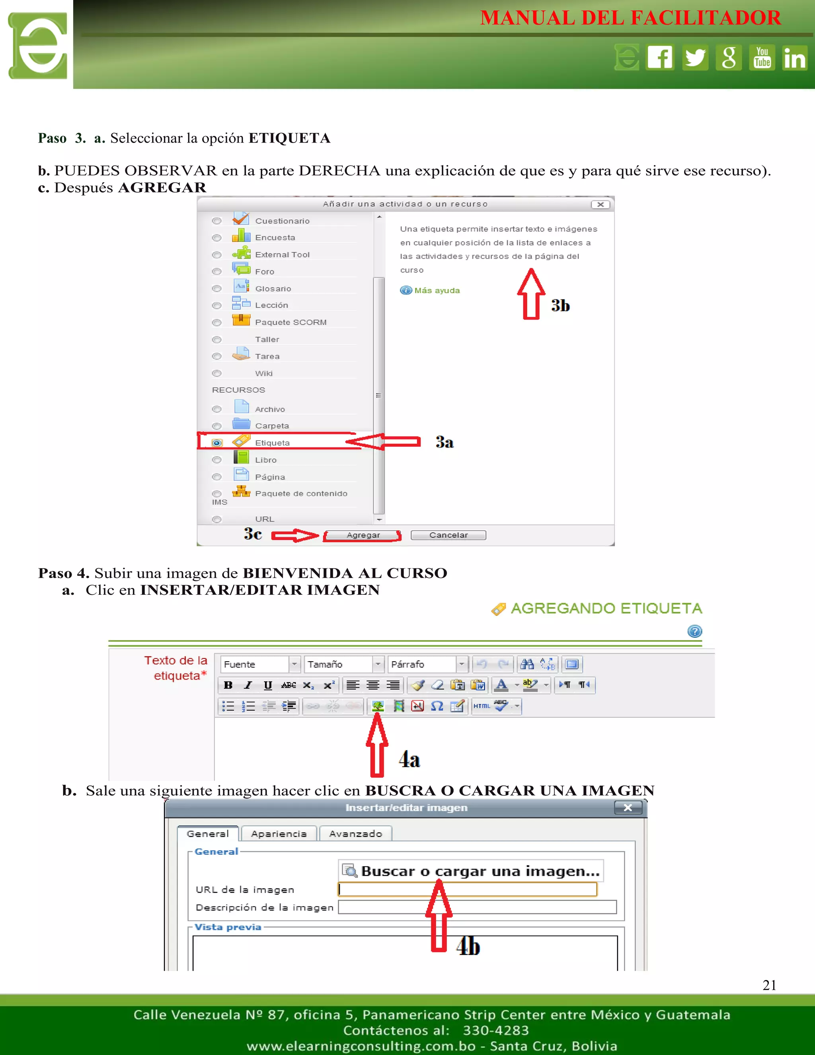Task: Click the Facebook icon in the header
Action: pyautogui.click(x=660, y=57)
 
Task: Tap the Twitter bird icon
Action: pyautogui.click(x=695, y=57)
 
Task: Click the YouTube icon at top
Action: pyautogui.click(x=762, y=57)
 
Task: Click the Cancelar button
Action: pyautogui.click(x=448, y=535)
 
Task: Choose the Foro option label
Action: pyautogui.click(x=265, y=272)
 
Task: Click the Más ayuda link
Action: pyautogui.click(x=437, y=290)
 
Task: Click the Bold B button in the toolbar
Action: pyautogui.click(x=228, y=685)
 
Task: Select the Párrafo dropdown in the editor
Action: pyautogui.click(x=428, y=664)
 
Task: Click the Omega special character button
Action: pyautogui.click(x=437, y=706)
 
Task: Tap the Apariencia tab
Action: pyautogui.click(x=279, y=834)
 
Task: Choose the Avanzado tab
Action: pyautogui.click(x=355, y=834)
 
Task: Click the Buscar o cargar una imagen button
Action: pyautogui.click(x=471, y=871)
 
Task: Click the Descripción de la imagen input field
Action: pyautogui.click(x=477, y=907)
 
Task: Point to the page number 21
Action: pyautogui.click(x=769, y=985)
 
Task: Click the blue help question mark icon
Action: pyautogui.click(x=694, y=631)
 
